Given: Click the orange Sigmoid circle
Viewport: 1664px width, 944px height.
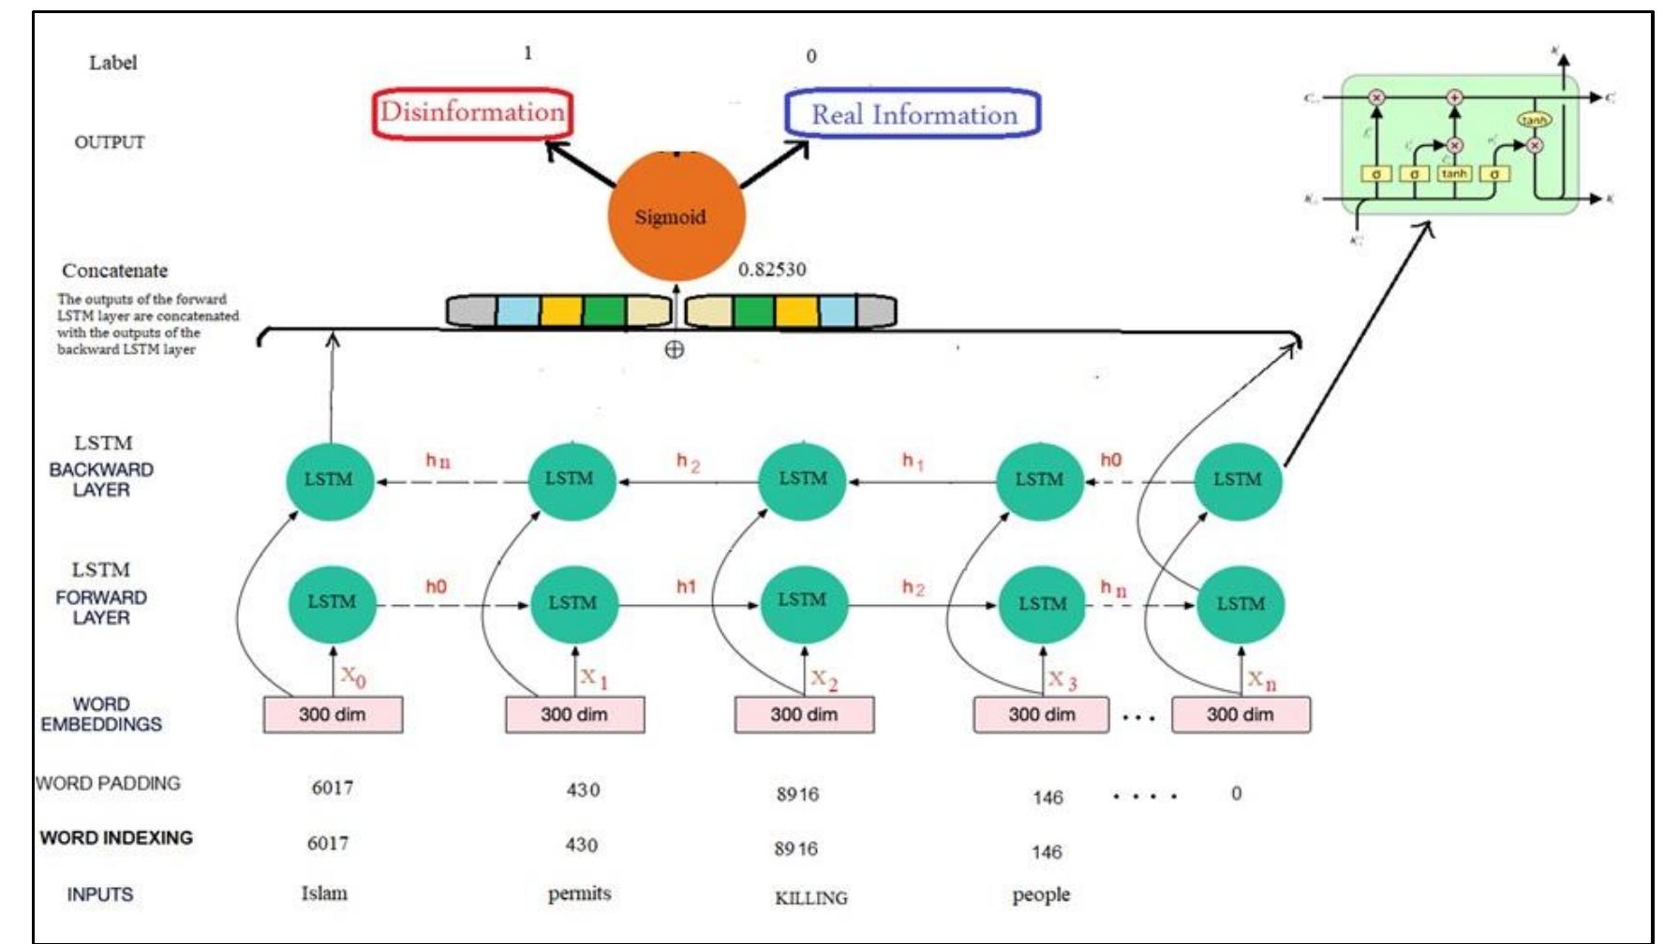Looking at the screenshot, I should click(x=676, y=215).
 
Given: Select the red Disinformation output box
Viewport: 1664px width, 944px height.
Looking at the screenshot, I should click(x=472, y=113).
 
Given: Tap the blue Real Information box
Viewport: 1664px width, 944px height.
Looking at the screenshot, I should click(x=913, y=114).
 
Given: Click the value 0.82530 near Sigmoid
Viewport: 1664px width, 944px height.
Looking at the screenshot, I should click(x=771, y=270).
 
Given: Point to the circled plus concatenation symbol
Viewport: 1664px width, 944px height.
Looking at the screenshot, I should click(x=674, y=350).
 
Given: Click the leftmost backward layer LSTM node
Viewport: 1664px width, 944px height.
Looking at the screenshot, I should click(x=329, y=480).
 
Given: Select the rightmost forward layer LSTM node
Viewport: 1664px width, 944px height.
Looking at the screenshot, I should click(x=1241, y=604).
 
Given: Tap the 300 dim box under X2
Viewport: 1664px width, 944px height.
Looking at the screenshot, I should click(x=804, y=715).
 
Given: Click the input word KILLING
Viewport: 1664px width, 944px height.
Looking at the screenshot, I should click(x=810, y=898).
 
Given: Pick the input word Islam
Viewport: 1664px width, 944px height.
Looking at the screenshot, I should click(x=324, y=893).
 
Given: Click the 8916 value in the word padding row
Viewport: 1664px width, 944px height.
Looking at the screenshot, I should click(x=797, y=795).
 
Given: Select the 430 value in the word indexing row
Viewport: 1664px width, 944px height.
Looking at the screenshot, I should click(x=581, y=845).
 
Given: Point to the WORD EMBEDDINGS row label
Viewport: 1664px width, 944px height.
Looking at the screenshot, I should click(x=101, y=715).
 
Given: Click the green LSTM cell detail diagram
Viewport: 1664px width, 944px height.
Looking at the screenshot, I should click(x=1460, y=145).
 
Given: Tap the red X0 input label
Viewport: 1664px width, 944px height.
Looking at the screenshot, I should click(x=353, y=675).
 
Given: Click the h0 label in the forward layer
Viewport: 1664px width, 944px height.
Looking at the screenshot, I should click(x=436, y=586).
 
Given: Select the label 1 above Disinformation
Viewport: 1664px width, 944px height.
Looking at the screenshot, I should click(x=527, y=53).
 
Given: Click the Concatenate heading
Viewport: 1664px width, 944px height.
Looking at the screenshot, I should click(x=114, y=271).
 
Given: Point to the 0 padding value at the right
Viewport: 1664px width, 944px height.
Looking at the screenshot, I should click(x=1236, y=794).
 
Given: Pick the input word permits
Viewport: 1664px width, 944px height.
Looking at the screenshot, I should click(x=579, y=893).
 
